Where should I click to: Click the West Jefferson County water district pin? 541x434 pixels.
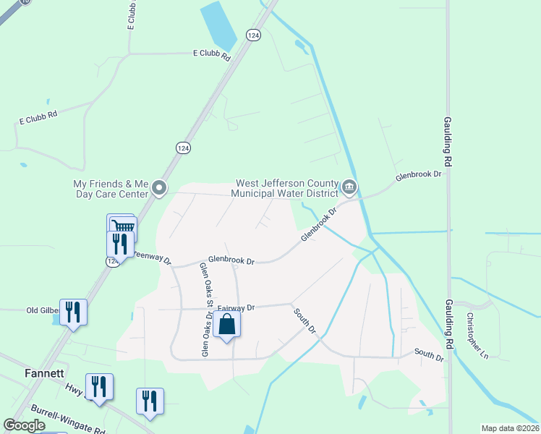pos(349,188)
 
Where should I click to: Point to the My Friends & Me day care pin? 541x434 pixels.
pos(159,190)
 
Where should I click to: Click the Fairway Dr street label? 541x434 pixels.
pos(236,307)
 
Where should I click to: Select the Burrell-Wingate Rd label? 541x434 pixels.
pos(69,419)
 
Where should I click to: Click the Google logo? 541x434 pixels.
pos(24,425)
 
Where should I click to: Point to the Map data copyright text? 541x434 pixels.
pos(511,428)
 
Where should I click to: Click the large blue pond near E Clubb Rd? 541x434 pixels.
pos(218,23)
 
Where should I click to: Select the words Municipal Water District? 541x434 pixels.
pos(284,193)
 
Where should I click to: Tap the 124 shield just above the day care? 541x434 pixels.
pos(183,148)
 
